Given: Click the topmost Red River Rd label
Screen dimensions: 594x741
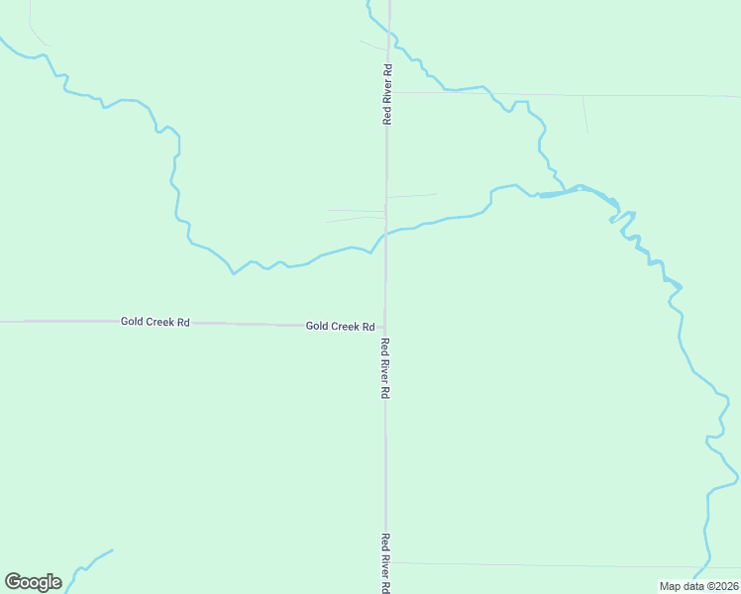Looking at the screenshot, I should pos(388,94).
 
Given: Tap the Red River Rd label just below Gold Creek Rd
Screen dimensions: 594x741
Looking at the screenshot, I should pos(385,367).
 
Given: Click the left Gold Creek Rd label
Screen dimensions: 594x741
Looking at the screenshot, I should pos(156,322).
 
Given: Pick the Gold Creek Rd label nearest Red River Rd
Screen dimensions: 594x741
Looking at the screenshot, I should pos(340,326).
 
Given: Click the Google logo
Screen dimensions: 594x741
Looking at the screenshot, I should pos(33,582).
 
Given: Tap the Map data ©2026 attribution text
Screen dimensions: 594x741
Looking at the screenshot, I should pos(698,586).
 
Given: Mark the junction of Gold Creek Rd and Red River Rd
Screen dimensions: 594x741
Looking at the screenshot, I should pos(385,326).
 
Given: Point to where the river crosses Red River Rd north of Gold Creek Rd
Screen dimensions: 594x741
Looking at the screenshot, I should pos(386,234).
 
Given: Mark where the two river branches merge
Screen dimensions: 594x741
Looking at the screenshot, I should pos(543,194).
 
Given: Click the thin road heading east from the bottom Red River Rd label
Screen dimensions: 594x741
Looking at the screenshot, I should pos(555,565).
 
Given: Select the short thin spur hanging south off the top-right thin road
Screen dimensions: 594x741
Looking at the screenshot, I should pos(585,114).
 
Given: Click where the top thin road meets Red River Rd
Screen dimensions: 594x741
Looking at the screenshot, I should pos(388,92).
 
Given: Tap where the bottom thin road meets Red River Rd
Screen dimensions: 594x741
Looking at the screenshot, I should pos(386,562).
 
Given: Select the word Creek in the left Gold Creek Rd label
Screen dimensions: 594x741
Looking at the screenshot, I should pos(161,322).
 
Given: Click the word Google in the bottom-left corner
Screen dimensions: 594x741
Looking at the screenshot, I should pos(33,582).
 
